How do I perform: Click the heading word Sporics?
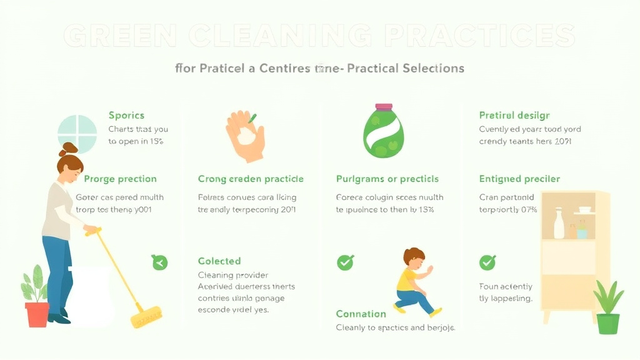coord(126,115)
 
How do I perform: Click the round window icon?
coord(77,134)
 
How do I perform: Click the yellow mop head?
coord(146,317)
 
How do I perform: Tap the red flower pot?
coord(37,314)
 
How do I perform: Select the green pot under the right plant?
coord(607,323)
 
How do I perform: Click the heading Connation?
coord(361,314)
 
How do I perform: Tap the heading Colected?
coord(219,261)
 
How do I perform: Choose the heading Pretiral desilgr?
coord(514,115)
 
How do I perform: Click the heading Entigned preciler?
coord(519,179)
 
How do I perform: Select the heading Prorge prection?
coord(120,179)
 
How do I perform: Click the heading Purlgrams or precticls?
coord(387,179)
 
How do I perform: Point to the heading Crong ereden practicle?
coord(251,179)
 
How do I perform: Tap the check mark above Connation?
coord(345,262)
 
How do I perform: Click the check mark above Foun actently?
coord(487,262)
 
